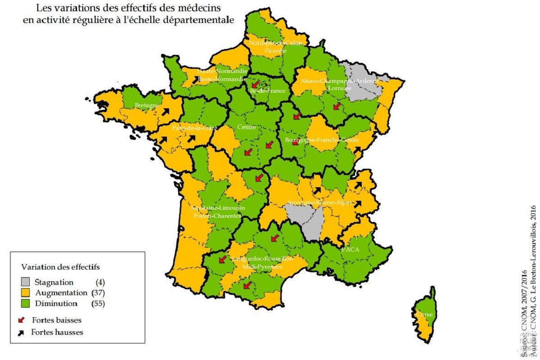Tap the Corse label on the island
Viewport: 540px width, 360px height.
coord(425,315)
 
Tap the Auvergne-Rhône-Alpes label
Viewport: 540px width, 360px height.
coord(322,203)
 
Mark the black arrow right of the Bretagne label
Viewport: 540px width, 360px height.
coord(166,111)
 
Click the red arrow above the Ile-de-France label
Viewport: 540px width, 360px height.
coord(255,84)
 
